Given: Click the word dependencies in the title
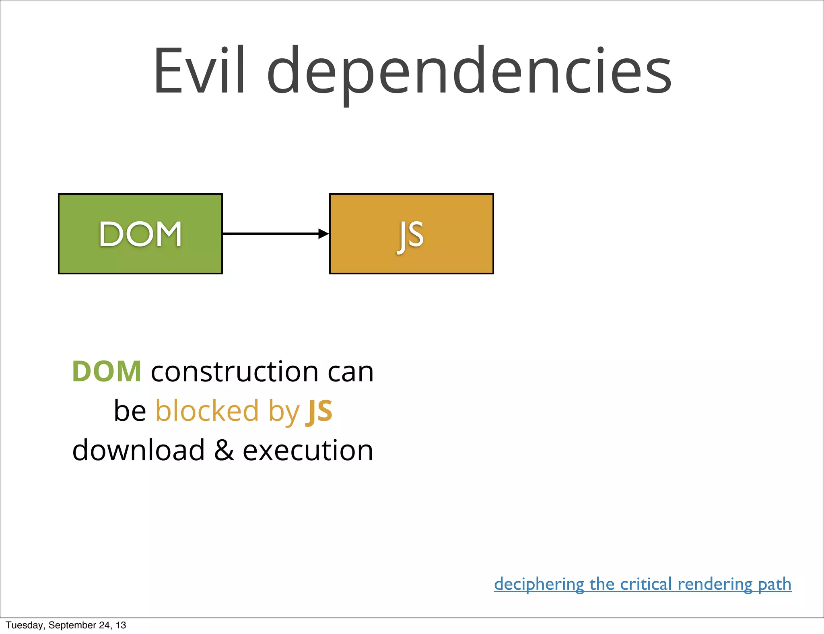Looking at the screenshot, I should [469, 72].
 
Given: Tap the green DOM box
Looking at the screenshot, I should [140, 234].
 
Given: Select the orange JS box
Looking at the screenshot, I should [411, 234].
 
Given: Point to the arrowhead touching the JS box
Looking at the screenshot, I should [323, 234].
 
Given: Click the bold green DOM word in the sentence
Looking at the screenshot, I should [107, 371].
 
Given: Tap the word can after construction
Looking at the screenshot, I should [350, 371].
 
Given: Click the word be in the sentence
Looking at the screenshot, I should [130, 411].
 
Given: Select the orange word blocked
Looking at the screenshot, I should [207, 411].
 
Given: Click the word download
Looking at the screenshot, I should [138, 450].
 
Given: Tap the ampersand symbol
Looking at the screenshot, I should [224, 450].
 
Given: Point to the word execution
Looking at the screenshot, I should [308, 450].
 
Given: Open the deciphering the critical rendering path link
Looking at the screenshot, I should [643, 584].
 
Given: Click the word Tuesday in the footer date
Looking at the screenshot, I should [25, 625].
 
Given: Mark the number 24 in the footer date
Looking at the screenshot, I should [104, 625].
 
